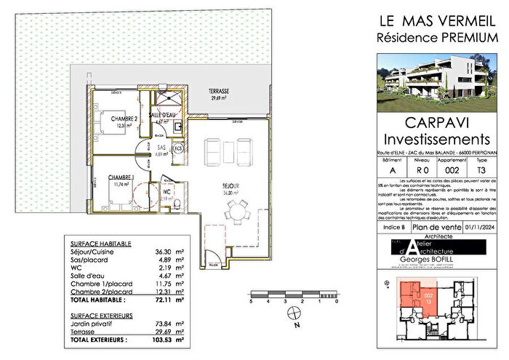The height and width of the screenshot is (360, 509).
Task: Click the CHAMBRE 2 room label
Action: click(x=113, y=118)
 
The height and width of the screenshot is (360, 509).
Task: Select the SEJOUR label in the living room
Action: click(x=231, y=185)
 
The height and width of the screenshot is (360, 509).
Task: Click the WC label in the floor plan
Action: click(x=166, y=191)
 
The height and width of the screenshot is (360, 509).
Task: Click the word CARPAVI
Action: click(x=434, y=122)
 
